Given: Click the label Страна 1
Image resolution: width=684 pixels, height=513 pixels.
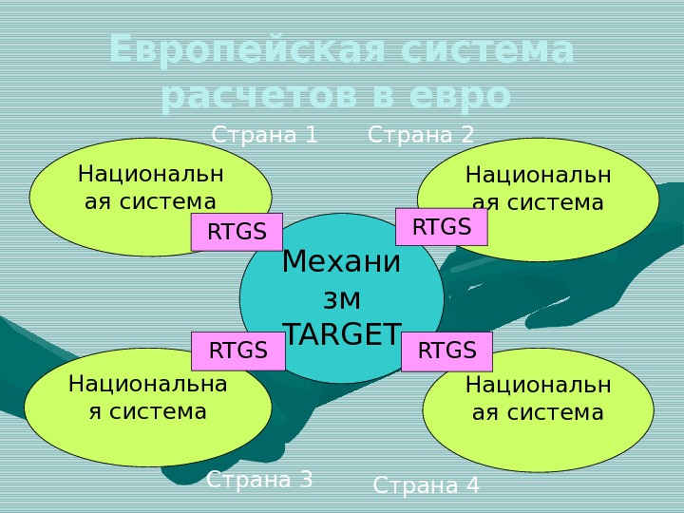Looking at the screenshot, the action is tap(264, 135).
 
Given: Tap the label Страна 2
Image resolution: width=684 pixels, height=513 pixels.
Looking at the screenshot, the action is tap(421, 135).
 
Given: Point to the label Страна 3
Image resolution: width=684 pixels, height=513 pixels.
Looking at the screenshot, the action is tap(259, 480).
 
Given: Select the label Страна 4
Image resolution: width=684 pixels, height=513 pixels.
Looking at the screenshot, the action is tap(427, 486).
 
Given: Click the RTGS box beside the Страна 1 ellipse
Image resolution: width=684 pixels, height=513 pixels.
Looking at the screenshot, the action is tap(237, 232).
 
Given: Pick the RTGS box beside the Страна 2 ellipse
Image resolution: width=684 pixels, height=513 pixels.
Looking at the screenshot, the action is tap(441, 227).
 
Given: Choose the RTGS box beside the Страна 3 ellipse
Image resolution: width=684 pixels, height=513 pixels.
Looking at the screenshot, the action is tap(237, 351).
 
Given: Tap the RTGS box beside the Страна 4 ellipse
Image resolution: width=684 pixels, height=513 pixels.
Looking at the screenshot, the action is tap(446, 351).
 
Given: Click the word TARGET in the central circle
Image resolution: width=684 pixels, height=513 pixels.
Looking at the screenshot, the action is tap(342, 334).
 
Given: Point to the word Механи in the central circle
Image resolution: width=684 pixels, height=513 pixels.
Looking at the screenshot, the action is tap(342, 261).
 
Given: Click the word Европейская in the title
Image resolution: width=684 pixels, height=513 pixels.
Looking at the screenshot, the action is tap(248, 50).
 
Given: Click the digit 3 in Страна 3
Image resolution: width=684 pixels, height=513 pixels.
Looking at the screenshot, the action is tap(306, 480).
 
